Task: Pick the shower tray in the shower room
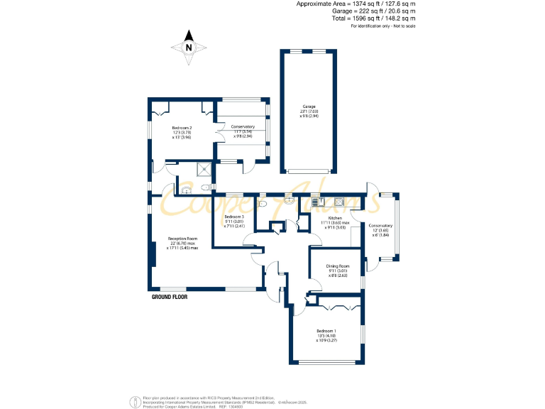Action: click(204, 169)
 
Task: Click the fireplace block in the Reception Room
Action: click(153, 254)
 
